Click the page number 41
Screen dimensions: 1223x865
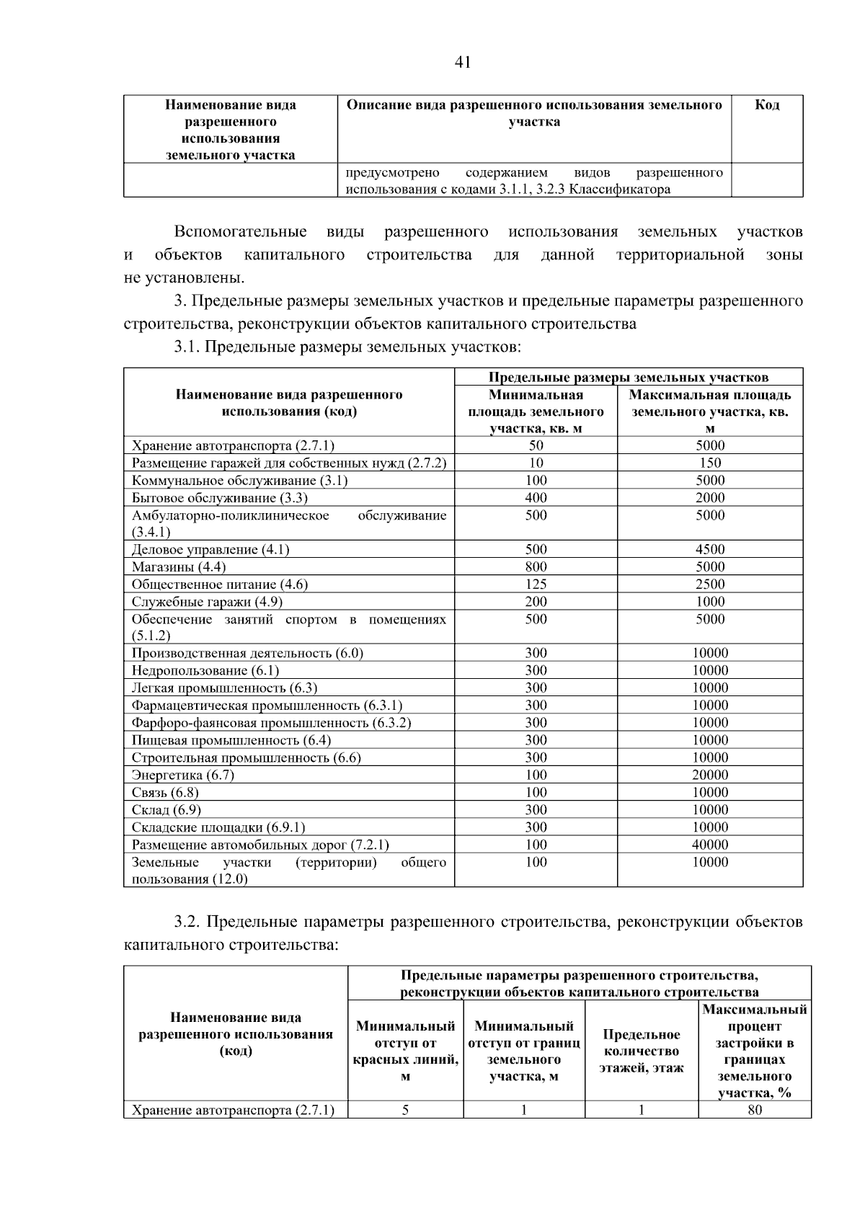(463, 63)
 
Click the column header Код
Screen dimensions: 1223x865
(766, 105)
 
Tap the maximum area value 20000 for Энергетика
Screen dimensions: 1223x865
(710, 775)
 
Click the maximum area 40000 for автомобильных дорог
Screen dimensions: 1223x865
(710, 845)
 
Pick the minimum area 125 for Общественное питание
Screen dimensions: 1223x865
(536, 584)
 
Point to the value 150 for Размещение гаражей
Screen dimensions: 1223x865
(710, 463)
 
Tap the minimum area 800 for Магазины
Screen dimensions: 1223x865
(536, 567)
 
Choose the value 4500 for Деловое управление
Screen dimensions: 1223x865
(710, 550)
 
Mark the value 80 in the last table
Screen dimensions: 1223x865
(754, 1110)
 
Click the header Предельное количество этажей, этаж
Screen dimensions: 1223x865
(641, 1051)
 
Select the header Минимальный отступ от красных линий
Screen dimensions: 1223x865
(405, 1051)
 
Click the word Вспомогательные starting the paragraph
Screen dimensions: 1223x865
(240, 232)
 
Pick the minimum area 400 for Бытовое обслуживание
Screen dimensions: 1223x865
(536, 498)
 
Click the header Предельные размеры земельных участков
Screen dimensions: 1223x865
(628, 377)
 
